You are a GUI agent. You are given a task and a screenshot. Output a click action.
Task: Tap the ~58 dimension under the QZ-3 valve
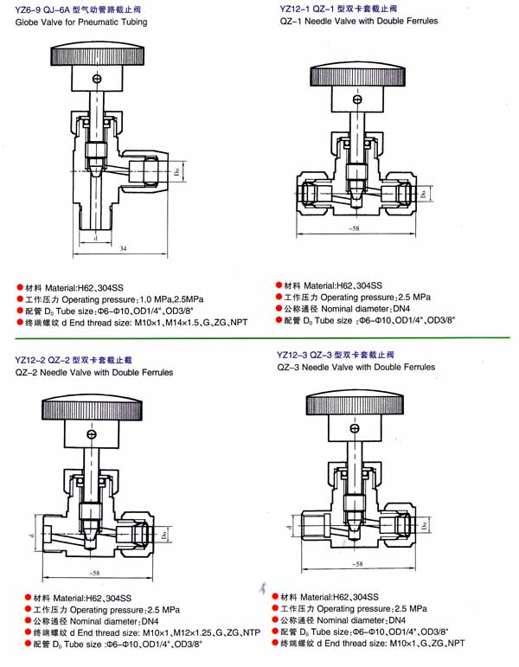(x=356, y=564)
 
